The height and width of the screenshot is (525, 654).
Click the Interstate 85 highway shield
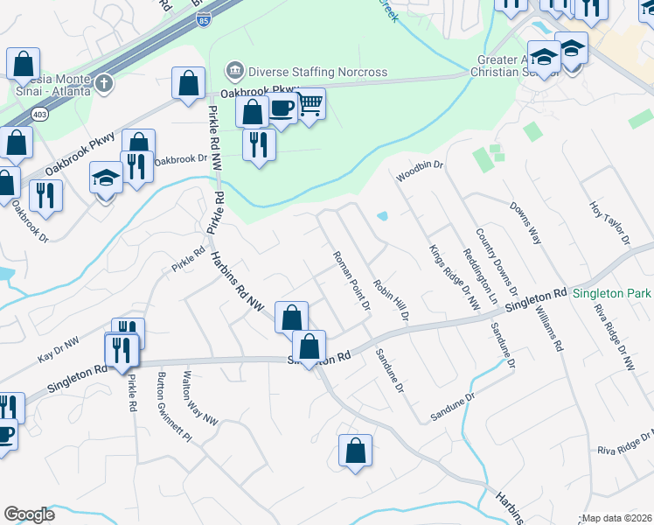click(203, 20)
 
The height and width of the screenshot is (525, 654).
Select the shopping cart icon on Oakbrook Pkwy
click(310, 104)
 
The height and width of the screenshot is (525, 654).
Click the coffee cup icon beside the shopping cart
click(282, 108)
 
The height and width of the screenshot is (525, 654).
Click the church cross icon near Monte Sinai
click(103, 83)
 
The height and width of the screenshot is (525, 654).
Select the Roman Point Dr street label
click(352, 281)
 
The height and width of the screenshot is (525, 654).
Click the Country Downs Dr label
click(497, 262)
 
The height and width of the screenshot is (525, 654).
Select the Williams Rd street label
click(550, 321)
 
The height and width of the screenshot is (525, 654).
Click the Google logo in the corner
click(30, 514)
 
